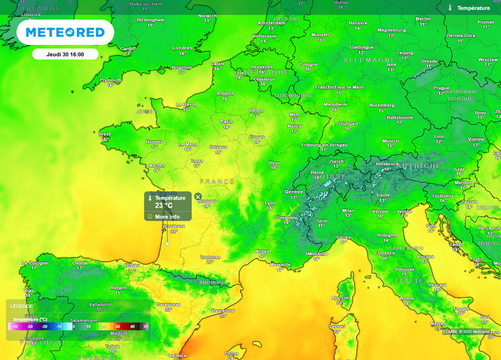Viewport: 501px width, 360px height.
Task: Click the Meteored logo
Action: [65, 32]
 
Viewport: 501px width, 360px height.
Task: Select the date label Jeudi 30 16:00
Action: [65, 54]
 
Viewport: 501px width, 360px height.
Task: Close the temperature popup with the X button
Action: [198, 197]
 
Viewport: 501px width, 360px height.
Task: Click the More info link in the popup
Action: [167, 217]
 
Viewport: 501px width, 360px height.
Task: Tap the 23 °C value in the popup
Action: [164, 206]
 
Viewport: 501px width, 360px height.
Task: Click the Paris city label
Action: [226, 121]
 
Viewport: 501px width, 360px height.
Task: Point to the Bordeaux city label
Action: [174, 226]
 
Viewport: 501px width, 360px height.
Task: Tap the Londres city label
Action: [182, 48]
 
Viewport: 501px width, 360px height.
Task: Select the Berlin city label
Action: [423, 19]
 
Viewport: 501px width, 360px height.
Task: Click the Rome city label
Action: [407, 298]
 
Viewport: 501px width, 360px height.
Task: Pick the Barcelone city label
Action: [223, 311]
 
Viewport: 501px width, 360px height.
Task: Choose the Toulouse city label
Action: [210, 257]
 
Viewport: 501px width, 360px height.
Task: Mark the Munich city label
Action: [390, 141]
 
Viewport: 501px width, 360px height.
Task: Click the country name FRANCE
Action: [217, 181]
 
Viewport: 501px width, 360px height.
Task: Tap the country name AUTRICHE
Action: [419, 166]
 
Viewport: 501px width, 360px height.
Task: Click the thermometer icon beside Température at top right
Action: [450, 8]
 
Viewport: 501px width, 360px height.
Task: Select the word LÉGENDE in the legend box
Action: [22, 306]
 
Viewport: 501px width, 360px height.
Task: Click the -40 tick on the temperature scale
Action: [15, 326]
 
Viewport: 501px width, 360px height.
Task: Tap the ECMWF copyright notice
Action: [466, 332]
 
